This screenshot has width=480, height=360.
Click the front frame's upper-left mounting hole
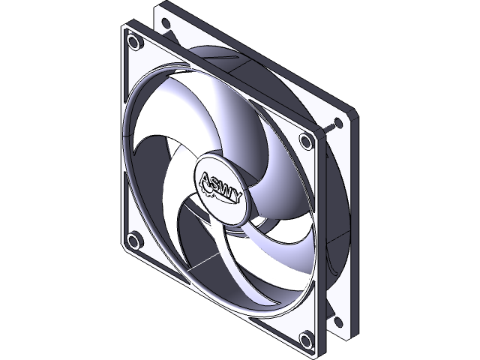coord(134,41)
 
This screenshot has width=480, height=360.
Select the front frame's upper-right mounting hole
coord(305,140)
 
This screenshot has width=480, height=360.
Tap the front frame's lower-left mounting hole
coord(133,241)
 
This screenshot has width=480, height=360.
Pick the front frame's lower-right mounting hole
coord(305,340)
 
